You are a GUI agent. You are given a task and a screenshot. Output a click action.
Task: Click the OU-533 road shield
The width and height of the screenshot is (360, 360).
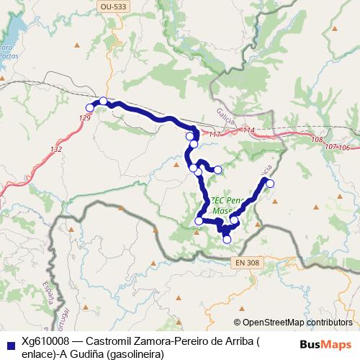click(x=108, y=5)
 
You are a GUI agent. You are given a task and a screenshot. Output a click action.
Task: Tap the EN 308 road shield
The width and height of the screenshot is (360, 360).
click(x=246, y=264)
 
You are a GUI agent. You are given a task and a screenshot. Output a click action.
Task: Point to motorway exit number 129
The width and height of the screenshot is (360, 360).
click(x=85, y=117)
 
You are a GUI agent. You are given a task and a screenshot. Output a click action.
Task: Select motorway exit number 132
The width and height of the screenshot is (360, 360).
click(x=55, y=149)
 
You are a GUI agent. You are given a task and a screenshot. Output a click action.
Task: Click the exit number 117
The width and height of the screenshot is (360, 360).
click(x=215, y=135)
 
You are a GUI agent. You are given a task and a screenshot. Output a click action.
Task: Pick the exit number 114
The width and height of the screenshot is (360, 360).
click(x=249, y=130)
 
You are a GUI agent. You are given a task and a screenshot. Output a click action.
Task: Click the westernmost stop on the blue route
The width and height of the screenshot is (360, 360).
click(x=90, y=108)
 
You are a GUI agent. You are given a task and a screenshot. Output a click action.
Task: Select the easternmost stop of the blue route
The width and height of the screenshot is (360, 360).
click(x=271, y=184)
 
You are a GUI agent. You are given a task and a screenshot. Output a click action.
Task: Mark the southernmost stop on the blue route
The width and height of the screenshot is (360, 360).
click(x=227, y=238)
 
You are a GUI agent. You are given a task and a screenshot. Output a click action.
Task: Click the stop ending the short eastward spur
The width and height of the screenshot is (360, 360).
click(x=217, y=169)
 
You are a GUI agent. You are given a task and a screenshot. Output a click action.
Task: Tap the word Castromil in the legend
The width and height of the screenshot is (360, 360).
click(x=107, y=342)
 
